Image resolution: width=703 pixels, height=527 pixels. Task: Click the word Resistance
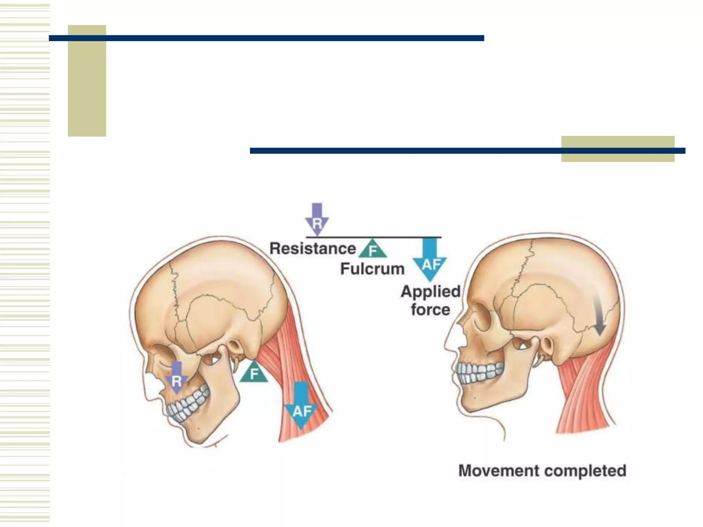pyautogui.click(x=312, y=248)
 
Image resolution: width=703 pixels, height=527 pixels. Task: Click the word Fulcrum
pyautogui.click(x=372, y=269)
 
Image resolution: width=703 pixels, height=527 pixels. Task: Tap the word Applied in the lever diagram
pyautogui.click(x=430, y=292)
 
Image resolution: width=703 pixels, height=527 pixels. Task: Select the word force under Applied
pyautogui.click(x=430, y=310)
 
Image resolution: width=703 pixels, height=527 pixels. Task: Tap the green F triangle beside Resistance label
pyautogui.click(x=373, y=250)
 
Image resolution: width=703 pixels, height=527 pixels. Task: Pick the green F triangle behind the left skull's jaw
pyautogui.click(x=254, y=373)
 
